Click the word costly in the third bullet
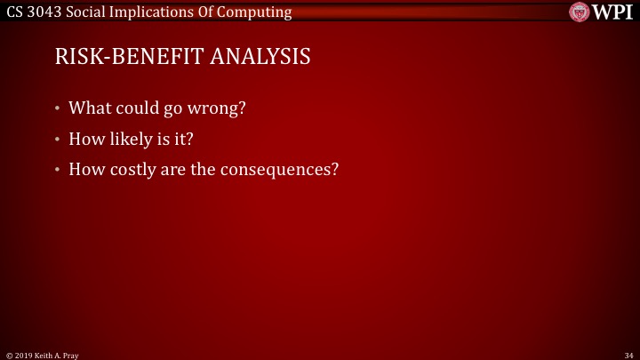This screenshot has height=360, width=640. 132,168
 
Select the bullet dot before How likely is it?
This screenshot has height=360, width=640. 58,140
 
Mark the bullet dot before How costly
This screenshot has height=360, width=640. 58,169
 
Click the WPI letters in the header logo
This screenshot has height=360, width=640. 614,12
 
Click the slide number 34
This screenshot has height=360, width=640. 628,355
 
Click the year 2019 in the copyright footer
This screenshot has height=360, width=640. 21,355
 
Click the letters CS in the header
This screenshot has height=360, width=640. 14,12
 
